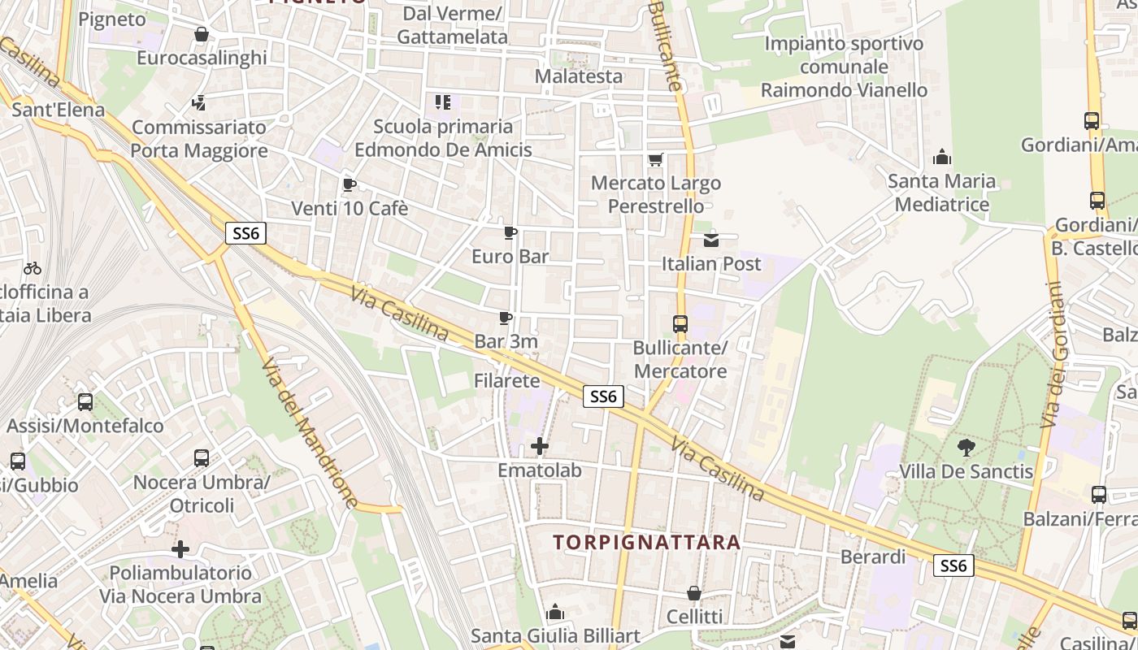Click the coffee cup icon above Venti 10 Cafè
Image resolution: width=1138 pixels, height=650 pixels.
tap(349, 184)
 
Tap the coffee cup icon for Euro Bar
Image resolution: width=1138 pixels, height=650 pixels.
tap(510, 233)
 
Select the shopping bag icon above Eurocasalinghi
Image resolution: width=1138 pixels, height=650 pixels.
tap(201, 34)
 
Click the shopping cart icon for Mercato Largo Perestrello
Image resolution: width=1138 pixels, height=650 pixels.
tap(655, 159)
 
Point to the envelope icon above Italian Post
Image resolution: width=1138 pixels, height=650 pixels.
tap(711, 240)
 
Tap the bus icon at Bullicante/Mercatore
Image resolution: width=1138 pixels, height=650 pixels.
tap(680, 324)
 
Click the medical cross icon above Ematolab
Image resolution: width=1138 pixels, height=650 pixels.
tap(540, 446)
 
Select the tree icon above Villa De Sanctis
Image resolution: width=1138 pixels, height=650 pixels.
tap(966, 447)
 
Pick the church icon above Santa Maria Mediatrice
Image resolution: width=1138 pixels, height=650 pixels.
tap(942, 156)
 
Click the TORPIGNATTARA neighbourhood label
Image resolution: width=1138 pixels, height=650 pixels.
tap(647, 542)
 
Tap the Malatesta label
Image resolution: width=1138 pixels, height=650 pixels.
tap(579, 76)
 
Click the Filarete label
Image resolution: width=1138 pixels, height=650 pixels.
tap(507, 380)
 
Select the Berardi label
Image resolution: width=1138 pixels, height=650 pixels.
tap(873, 557)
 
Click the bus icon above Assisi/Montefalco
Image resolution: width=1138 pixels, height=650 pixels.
tap(85, 401)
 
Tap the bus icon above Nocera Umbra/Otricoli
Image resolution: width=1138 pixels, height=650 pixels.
tap(202, 458)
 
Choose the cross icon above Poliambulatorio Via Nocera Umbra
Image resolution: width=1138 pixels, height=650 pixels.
tap(180, 549)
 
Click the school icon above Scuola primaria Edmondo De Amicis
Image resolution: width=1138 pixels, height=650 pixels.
tap(443, 102)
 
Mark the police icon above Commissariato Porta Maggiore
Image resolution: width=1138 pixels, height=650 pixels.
tap(199, 103)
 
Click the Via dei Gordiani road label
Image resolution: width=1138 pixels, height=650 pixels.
tap(1054, 355)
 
